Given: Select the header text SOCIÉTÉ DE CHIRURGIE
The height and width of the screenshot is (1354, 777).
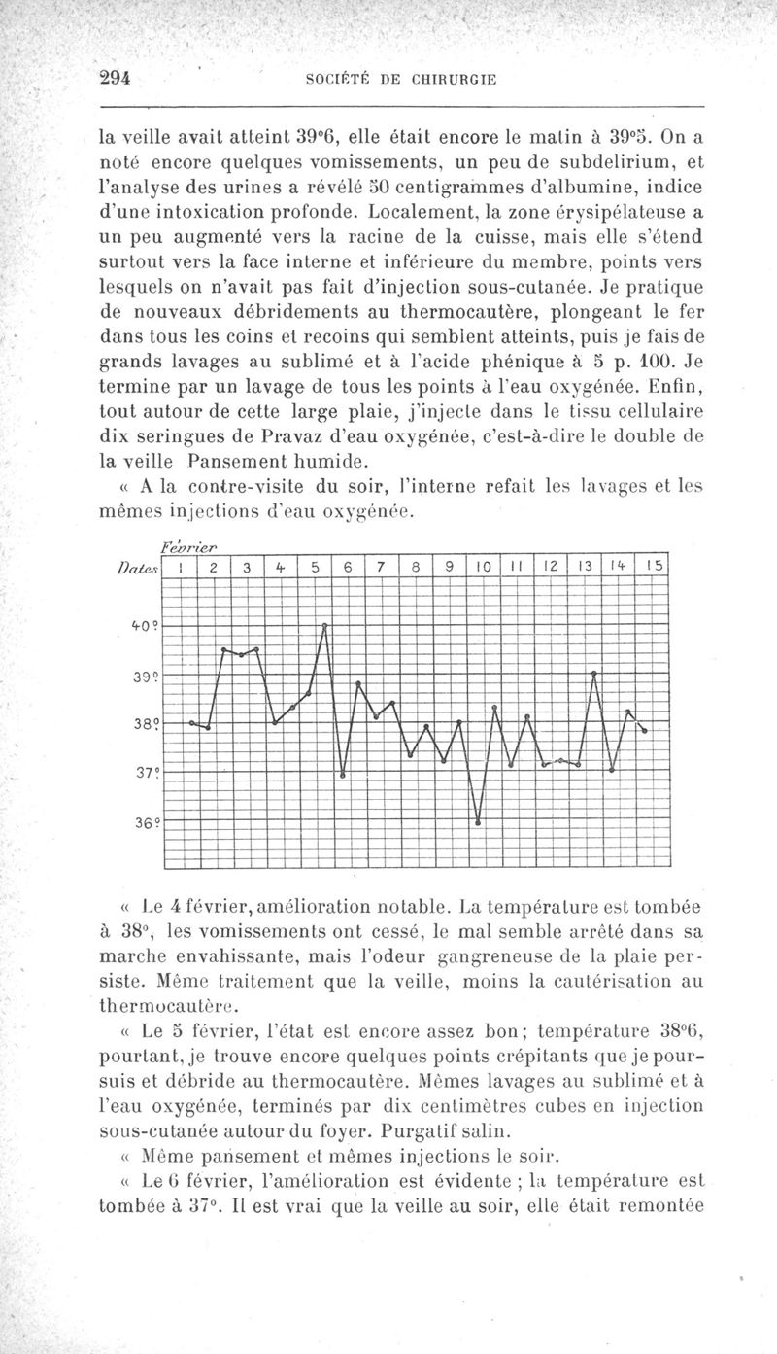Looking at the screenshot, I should tap(401, 81).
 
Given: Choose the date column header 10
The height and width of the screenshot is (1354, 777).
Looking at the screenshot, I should tap(481, 565).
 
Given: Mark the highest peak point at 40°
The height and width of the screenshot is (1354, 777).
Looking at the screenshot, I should tap(325, 625).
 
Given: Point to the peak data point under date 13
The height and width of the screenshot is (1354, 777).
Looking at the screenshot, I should tap(594, 673).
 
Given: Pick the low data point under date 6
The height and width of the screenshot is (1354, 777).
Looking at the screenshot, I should tap(343, 775).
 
